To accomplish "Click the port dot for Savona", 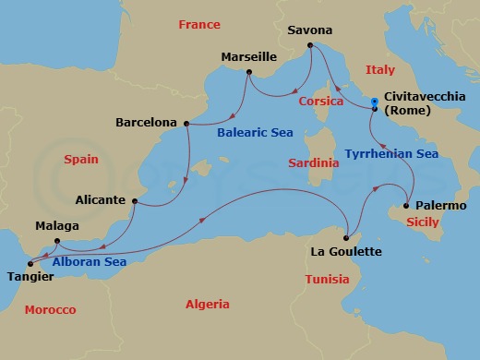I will tap(309, 44).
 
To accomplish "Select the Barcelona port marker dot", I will tap(186, 123).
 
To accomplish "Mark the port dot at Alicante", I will tap(135, 200).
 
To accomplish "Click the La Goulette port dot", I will tap(345, 237).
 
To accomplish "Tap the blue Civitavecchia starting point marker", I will tap(374, 102).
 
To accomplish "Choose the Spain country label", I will tap(80, 160).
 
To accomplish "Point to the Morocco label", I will tap(50, 309).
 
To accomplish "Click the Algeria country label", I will tap(209, 304).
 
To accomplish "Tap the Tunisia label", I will tap(328, 279).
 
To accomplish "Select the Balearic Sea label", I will tap(255, 133).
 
